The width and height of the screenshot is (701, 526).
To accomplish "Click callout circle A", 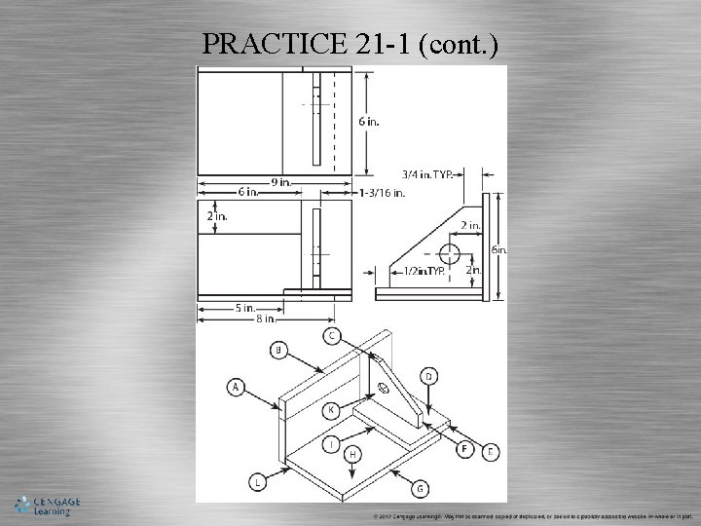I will [x=236, y=387].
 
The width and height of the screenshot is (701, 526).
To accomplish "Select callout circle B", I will [x=279, y=349].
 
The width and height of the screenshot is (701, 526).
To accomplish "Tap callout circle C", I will [x=331, y=336].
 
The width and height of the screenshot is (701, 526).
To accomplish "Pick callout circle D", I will [x=428, y=376].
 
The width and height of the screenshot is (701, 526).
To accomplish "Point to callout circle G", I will [x=421, y=487].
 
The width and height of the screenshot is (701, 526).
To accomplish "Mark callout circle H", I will [x=352, y=454].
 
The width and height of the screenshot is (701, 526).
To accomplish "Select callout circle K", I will [x=331, y=409].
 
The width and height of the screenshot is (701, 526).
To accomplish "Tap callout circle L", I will [x=258, y=481].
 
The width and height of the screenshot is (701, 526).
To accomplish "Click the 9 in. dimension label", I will [x=280, y=182].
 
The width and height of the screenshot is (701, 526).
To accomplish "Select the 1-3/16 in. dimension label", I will [x=382, y=193].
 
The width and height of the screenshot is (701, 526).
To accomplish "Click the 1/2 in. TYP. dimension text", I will [x=425, y=272].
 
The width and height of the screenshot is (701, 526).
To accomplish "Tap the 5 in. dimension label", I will [x=243, y=309].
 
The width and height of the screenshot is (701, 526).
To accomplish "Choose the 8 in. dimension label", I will [x=265, y=319].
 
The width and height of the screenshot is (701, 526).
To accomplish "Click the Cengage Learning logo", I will [x=46, y=506].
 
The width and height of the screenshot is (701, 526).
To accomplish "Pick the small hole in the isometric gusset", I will [x=382, y=390].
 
